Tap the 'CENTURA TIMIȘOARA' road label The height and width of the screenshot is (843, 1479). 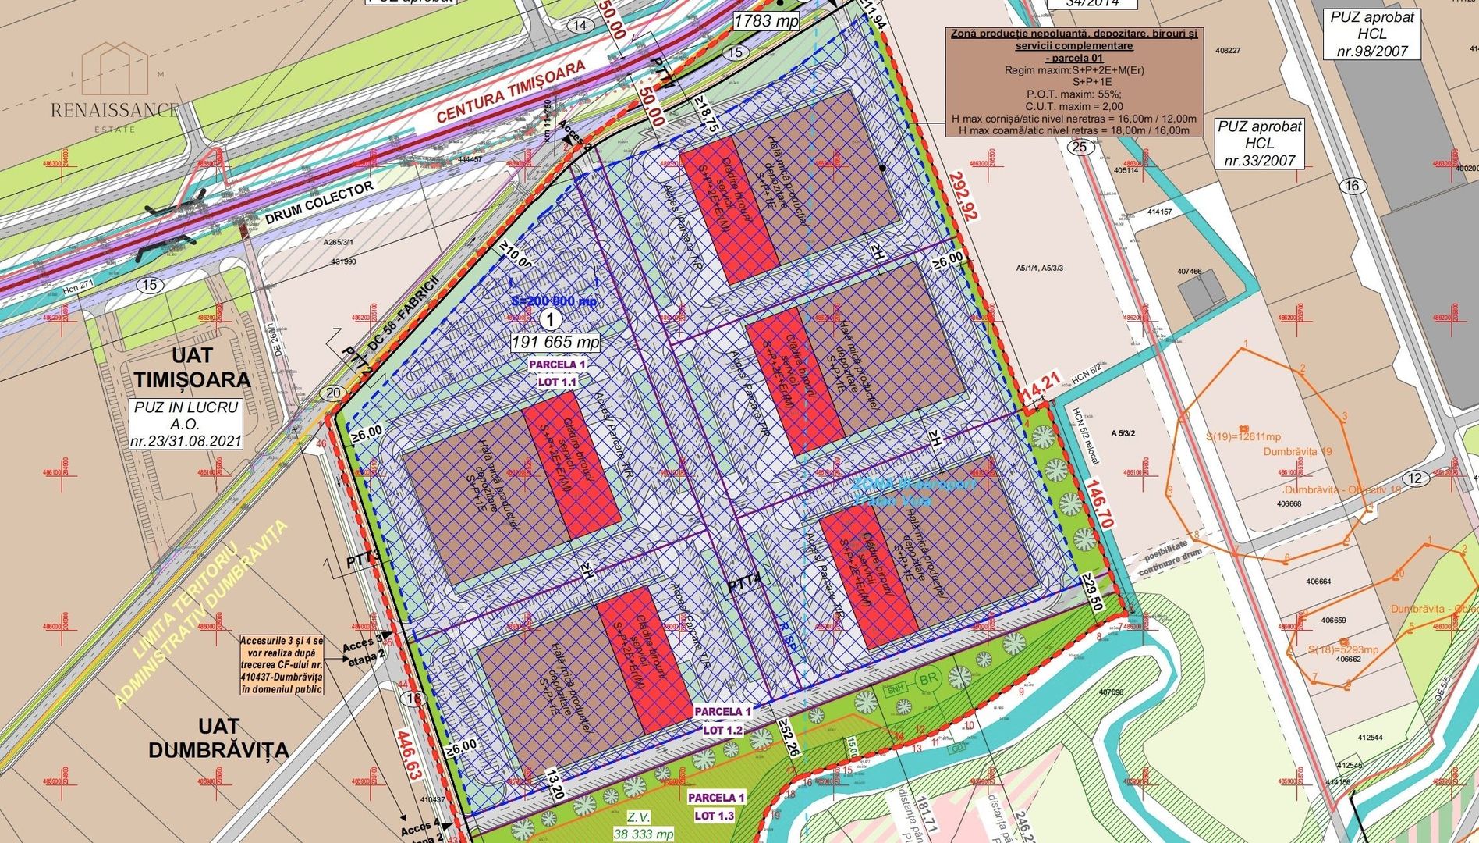click(x=511, y=92)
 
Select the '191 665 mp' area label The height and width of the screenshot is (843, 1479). click(x=555, y=342)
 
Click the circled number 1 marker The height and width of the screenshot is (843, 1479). click(x=551, y=319)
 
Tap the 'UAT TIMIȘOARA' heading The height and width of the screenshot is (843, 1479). click(x=192, y=368)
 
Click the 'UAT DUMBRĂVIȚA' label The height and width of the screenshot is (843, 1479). click(x=218, y=738)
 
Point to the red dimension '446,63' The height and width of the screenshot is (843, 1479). click(x=412, y=756)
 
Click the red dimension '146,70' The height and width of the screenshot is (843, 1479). click(x=1097, y=504)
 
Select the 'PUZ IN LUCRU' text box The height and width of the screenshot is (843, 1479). click(x=186, y=424)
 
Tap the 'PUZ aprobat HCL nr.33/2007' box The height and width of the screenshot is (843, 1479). click(x=1259, y=144)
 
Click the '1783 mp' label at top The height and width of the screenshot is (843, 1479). click(x=766, y=21)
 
